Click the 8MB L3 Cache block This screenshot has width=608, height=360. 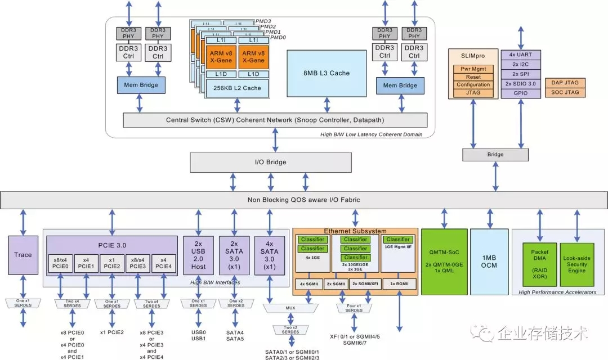tap(327, 73)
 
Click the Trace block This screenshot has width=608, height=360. tap(23, 255)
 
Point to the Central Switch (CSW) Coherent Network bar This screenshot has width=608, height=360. tap(272, 120)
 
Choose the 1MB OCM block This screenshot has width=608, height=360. tap(489, 261)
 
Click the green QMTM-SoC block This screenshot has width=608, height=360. tap(445, 261)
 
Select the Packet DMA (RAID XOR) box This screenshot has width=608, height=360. tap(539, 261)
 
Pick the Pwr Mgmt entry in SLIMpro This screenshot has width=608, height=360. tap(473, 69)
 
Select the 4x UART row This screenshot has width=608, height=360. tap(521, 55)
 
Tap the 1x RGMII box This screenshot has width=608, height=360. tap(399, 284)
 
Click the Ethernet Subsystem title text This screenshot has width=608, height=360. tap(355, 231)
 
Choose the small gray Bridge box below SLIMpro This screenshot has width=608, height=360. tap(495, 154)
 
